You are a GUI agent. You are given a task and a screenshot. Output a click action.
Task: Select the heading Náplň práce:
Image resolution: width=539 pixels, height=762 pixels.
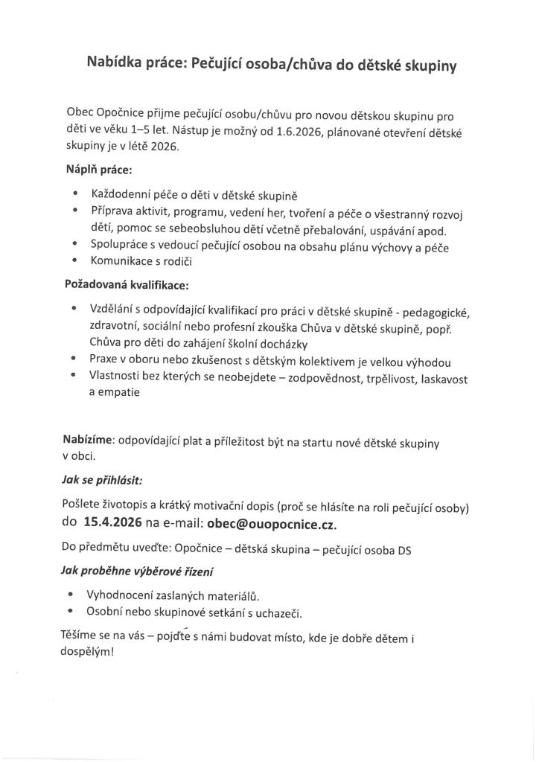point(99,170)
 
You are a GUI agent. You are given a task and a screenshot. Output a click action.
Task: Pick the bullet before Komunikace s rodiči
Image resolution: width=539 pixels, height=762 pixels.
point(75,262)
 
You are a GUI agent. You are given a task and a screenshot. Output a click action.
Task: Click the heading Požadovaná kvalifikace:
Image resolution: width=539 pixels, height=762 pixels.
point(127,284)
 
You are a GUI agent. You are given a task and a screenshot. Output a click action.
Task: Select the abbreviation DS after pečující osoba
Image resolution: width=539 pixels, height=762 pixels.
point(404,550)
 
